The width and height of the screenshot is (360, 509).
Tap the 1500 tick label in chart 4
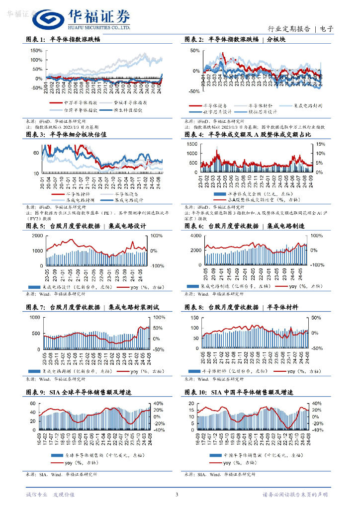coord(191,144)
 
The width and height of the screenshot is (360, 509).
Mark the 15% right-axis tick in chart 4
coord(320,144)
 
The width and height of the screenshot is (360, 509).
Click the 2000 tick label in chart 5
coord(36,236)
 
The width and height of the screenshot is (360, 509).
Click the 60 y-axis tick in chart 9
coord(32,403)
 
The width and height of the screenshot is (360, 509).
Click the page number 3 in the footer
coord(177,495)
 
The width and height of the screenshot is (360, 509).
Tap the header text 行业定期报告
coord(289,29)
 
